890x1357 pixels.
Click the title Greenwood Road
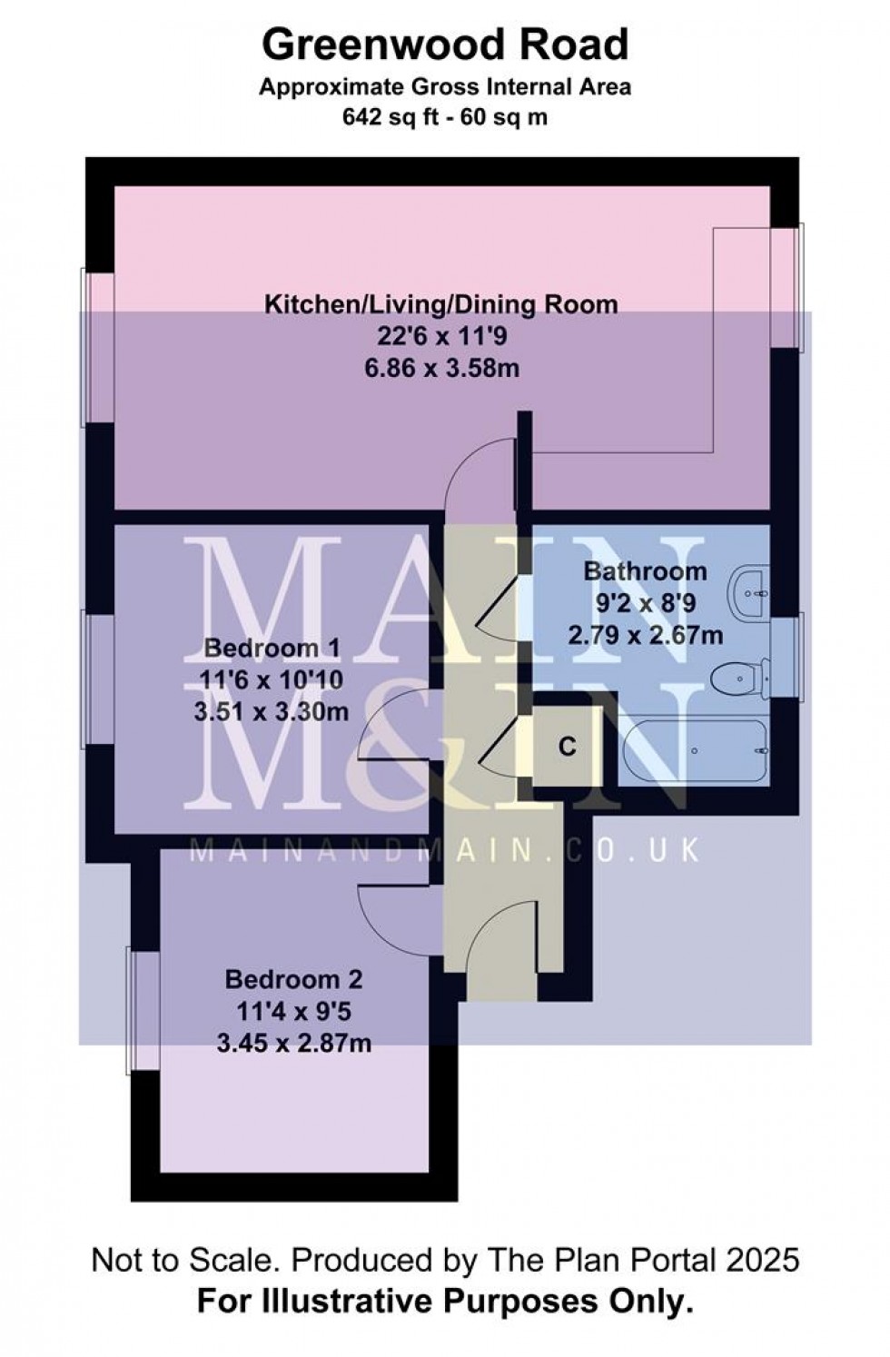coord(445,45)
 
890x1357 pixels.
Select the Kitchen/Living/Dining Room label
coord(441,304)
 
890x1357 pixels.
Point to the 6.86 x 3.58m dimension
coord(441,369)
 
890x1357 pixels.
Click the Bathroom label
coord(645,571)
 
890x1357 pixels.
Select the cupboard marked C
coord(568,747)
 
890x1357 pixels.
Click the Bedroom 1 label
coord(272,649)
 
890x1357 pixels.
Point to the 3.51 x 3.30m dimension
coord(272,712)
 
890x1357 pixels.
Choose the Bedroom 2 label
coord(293,980)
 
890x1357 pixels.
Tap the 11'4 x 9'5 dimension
coord(293,1012)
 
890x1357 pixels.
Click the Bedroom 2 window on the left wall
coord(143,1010)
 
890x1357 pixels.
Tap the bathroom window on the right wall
coord(786,659)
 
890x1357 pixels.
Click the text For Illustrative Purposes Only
coord(445,1303)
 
